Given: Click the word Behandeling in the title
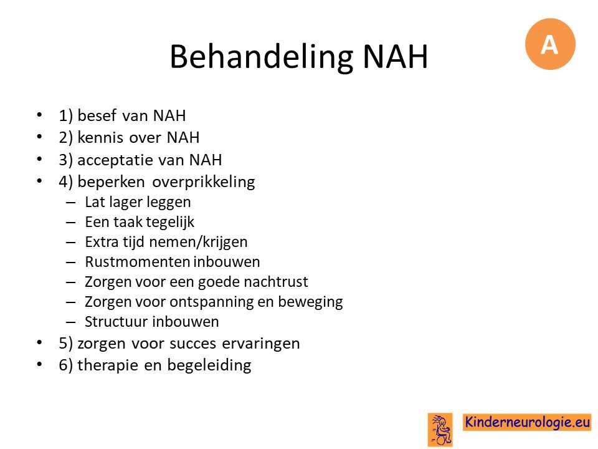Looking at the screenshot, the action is click(261, 57).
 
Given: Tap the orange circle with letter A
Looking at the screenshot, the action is click(550, 44).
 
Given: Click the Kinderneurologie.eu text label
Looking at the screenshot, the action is click(527, 422).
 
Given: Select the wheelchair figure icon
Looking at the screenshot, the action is click(440, 430).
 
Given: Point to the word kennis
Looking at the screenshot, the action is click(100, 137).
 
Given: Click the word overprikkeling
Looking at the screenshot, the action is click(203, 182).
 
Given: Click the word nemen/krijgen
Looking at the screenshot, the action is click(198, 243).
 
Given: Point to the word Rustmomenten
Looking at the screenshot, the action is click(137, 262).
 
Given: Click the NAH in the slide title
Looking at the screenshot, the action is click(395, 57).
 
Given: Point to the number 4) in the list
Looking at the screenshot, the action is click(65, 182).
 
